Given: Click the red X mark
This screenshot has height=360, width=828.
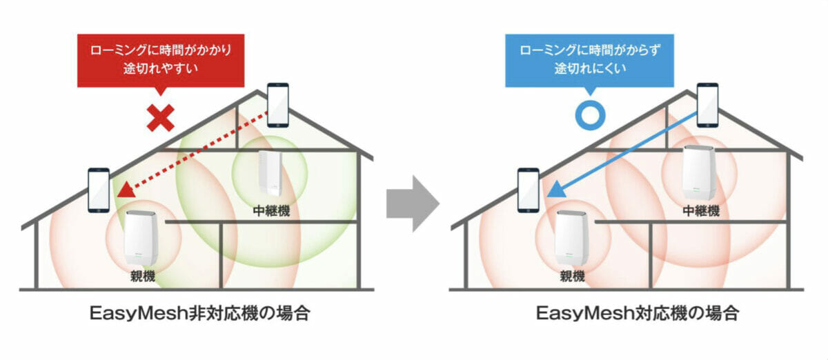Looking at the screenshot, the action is tap(160, 117).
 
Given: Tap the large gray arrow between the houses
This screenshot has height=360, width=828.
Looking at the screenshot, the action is tap(413, 203).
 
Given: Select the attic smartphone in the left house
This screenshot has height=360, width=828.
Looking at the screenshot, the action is tap(278, 106).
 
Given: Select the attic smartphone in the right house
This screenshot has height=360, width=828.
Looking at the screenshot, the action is tap(707, 106).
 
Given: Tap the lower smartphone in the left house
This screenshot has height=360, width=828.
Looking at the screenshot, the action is tap(99, 190).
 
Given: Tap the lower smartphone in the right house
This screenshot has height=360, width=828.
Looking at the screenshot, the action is tap(529, 190).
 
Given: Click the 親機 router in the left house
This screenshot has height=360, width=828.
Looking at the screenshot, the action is tap(141, 238).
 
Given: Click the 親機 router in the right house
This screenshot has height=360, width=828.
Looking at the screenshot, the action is tap(571, 238).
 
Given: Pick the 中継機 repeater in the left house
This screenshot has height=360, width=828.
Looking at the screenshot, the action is tap(270, 172).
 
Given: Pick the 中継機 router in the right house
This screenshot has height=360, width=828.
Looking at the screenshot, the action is tap(698, 172).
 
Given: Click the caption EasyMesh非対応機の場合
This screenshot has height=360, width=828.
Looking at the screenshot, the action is tap(200, 313).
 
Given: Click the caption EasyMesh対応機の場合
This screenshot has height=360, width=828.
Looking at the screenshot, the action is tap(638, 313).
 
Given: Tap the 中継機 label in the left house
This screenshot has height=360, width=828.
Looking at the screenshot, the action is tap(271, 210).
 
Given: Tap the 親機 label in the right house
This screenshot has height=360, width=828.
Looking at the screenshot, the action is tap(572, 276).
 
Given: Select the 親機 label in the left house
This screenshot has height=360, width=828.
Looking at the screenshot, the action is tap(143, 276).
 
